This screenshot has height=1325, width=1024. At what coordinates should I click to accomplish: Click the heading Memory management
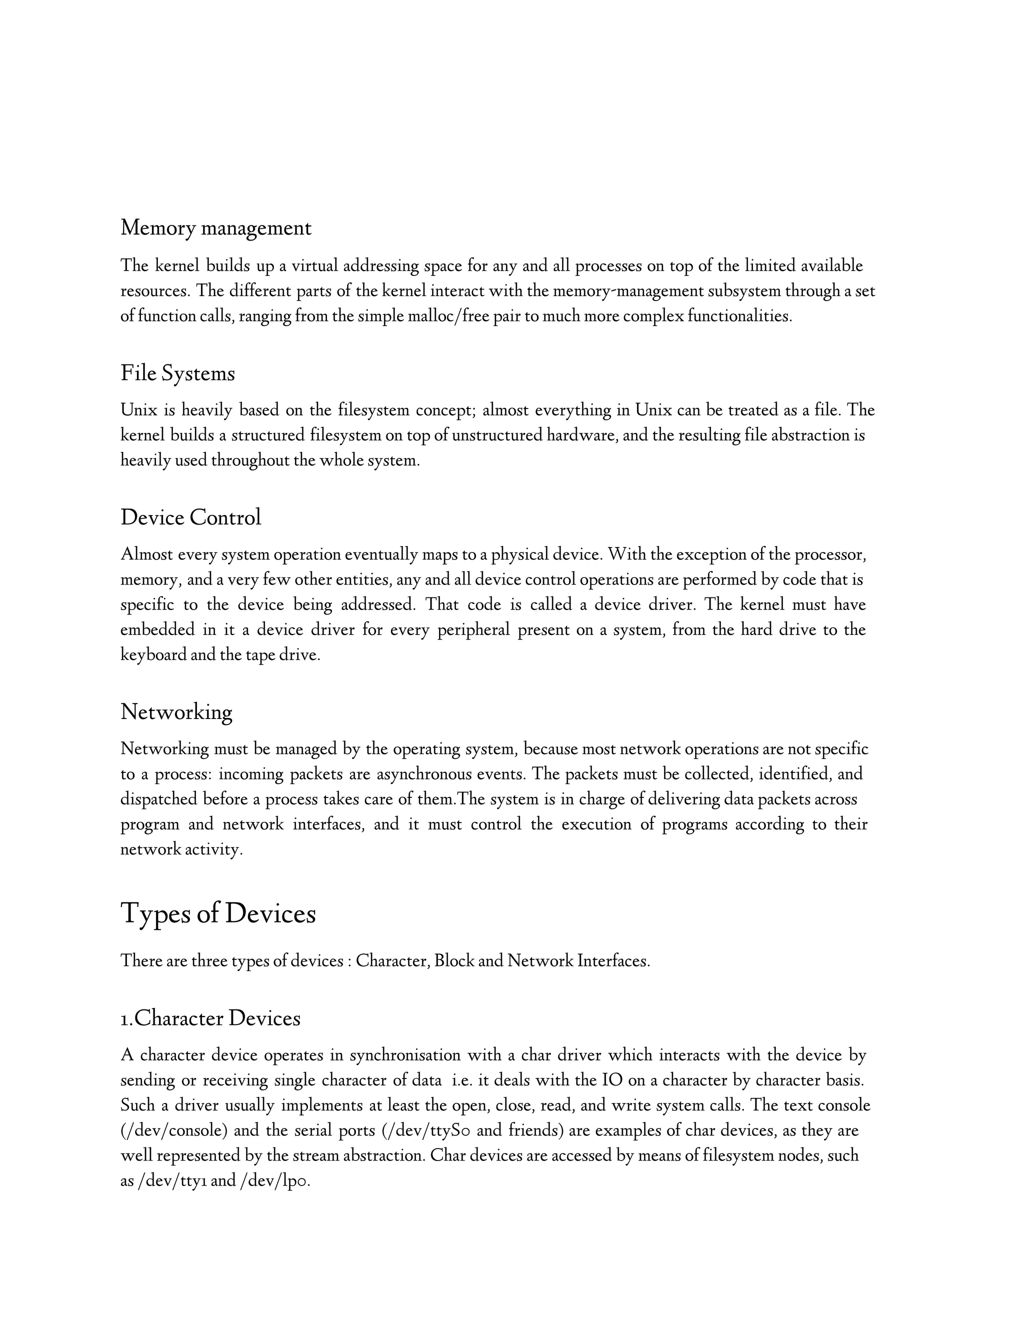tap(215, 228)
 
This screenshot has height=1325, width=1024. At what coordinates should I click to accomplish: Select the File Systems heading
tap(177, 372)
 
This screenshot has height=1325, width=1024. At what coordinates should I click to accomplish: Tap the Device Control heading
tap(190, 517)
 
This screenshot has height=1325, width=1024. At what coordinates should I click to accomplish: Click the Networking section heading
tap(176, 711)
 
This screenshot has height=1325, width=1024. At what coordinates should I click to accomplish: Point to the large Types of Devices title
tap(218, 913)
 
